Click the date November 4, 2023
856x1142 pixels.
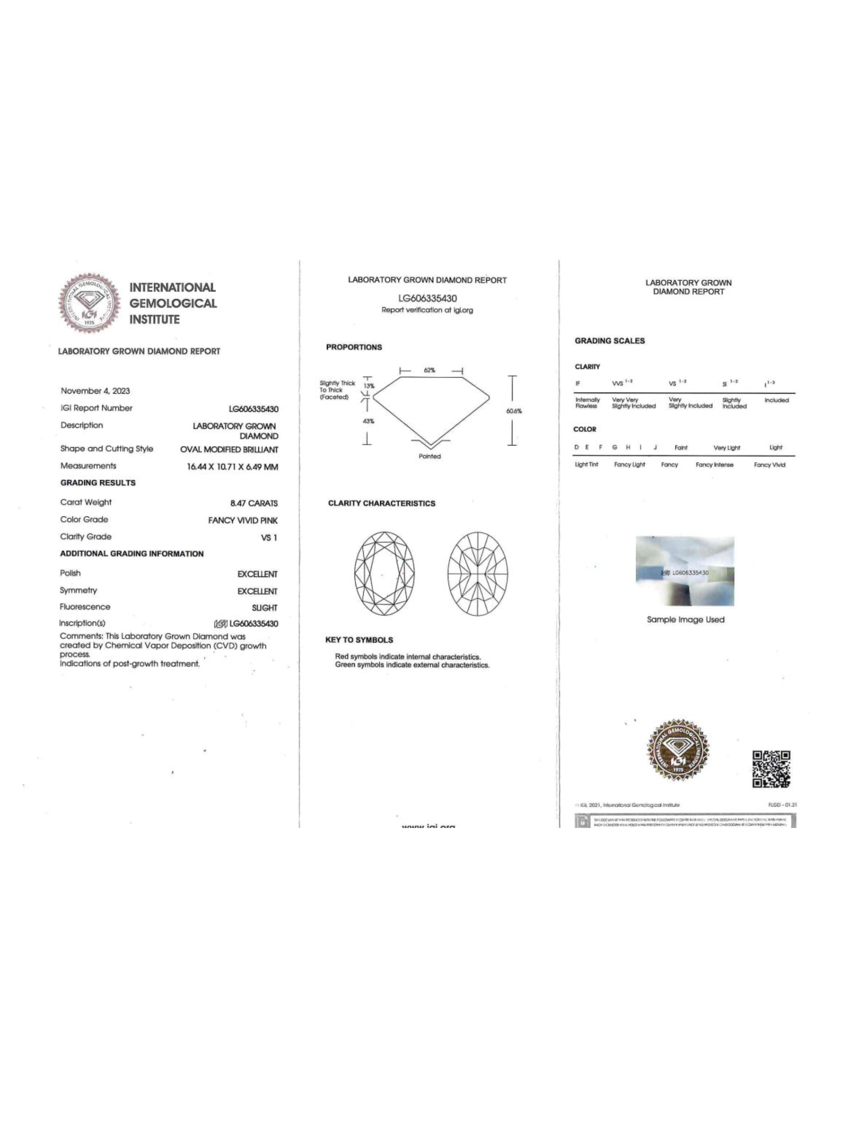click(x=95, y=391)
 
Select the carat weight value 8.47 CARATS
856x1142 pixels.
click(x=253, y=503)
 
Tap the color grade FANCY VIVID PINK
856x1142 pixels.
click(x=242, y=520)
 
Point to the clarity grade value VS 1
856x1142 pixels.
click(x=269, y=538)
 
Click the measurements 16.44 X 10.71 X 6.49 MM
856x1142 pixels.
click(x=232, y=467)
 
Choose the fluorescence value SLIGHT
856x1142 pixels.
click(x=264, y=608)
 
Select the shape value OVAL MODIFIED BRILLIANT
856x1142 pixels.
click(x=229, y=450)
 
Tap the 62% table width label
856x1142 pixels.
click(x=429, y=370)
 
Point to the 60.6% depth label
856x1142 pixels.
click(x=514, y=411)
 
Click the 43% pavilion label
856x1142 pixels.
click(x=368, y=421)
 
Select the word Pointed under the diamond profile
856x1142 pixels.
click(x=429, y=456)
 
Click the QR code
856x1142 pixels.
click(x=771, y=769)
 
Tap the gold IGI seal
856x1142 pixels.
click(x=678, y=750)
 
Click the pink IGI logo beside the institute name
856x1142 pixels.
click(x=89, y=303)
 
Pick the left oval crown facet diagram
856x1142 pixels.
click(x=384, y=574)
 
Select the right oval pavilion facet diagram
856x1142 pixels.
click(x=477, y=574)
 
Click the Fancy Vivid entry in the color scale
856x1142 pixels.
click(x=769, y=465)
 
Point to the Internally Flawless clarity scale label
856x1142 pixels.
click(x=587, y=403)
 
